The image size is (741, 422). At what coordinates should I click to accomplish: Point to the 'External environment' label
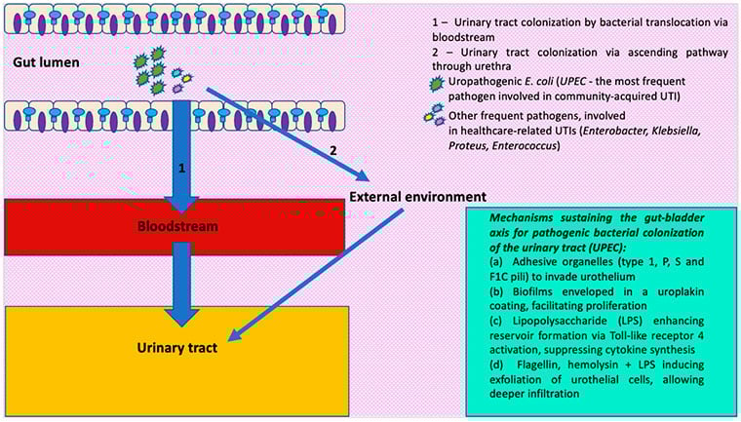418,196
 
